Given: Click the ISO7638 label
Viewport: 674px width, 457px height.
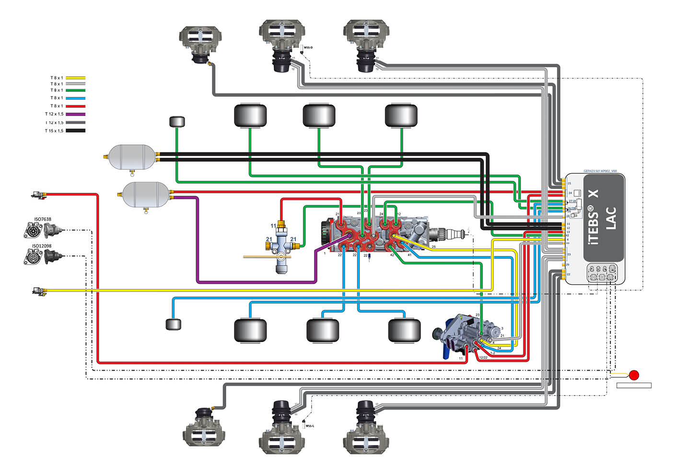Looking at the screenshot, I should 42,219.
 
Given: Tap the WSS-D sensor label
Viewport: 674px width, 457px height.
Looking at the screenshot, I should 308,47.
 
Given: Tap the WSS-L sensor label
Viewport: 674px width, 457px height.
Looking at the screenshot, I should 309,425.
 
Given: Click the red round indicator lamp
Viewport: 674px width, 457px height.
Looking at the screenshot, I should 634,375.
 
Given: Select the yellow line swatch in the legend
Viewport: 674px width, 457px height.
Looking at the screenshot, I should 75,78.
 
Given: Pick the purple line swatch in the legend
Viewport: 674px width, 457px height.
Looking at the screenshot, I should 75,114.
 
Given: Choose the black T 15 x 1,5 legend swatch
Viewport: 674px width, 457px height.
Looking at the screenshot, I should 75,130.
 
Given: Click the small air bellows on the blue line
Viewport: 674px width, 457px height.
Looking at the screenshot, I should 173,324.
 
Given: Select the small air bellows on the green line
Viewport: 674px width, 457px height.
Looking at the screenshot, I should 177,121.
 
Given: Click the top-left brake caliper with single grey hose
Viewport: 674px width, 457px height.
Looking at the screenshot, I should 200,41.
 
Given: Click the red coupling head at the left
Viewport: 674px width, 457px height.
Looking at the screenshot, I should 36,195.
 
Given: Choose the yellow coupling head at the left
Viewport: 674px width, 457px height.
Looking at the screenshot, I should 37,291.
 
